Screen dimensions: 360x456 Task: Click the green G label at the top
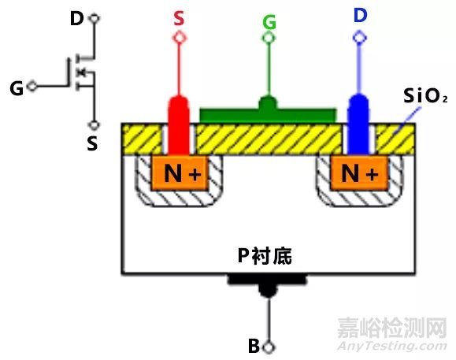[269, 22]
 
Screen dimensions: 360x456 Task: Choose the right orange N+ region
[360, 173]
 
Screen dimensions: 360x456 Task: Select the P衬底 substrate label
[269, 254]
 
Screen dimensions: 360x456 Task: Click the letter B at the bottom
[253, 346]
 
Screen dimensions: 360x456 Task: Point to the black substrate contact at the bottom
[269, 281]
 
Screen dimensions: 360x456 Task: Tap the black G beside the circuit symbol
[16, 87]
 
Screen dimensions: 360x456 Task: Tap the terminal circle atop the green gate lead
[269, 38]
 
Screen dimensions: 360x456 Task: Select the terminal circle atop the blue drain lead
[359, 36]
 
